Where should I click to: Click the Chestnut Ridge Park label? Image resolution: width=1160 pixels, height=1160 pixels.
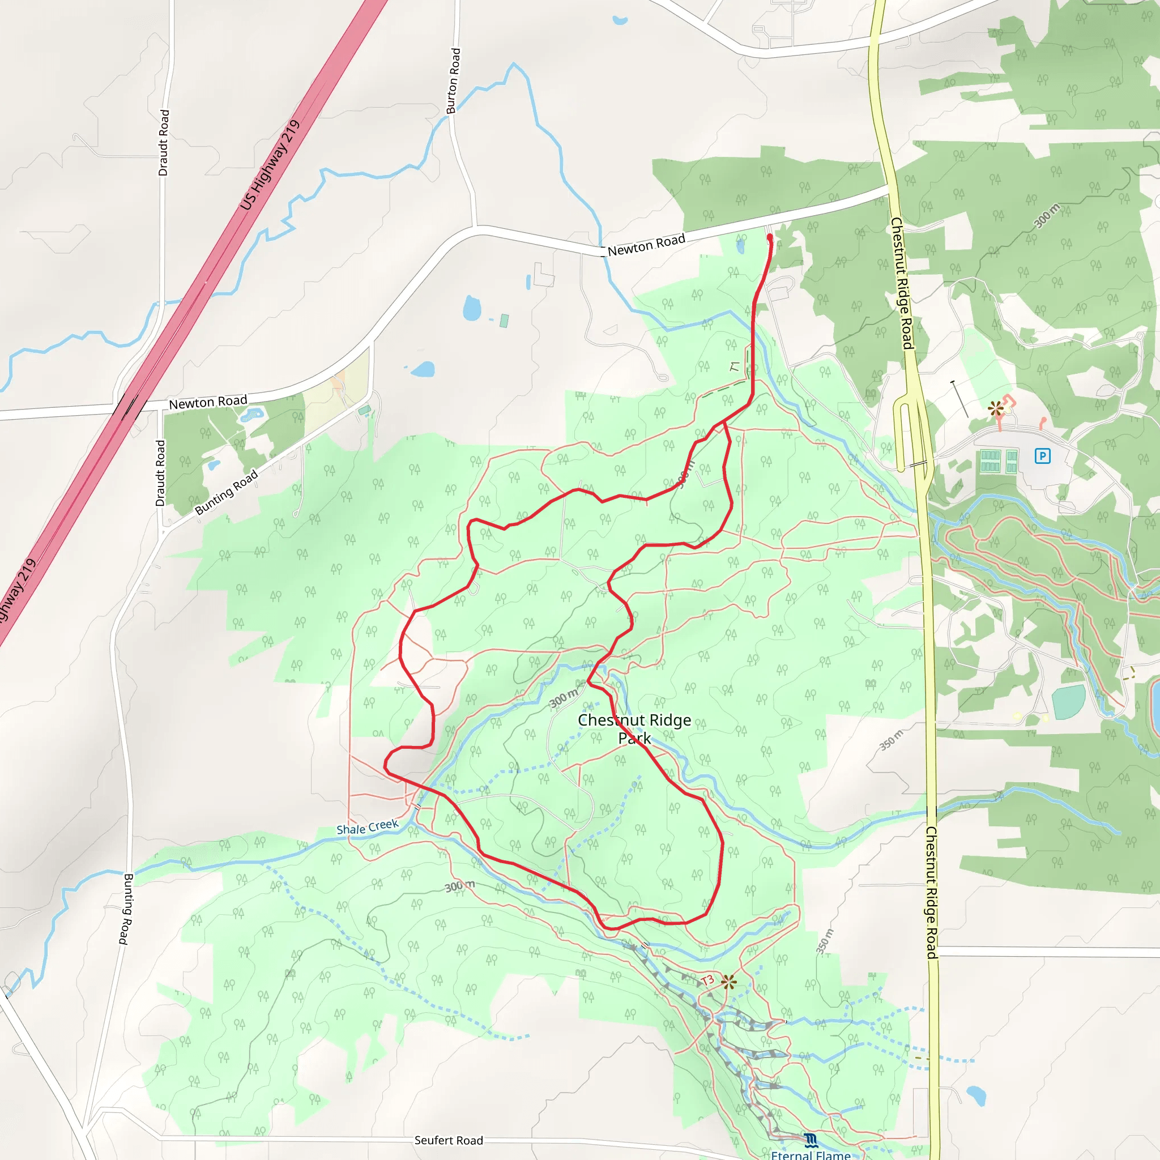(x=634, y=728)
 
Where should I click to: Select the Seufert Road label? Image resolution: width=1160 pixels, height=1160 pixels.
(x=449, y=1140)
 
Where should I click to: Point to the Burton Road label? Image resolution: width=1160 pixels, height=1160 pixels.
(x=453, y=81)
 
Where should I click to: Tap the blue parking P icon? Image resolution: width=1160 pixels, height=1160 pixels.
(x=1042, y=457)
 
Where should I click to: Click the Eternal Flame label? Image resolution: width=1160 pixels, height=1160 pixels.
(x=811, y=1154)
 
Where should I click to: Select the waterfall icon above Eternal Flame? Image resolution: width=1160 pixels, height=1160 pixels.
(x=811, y=1140)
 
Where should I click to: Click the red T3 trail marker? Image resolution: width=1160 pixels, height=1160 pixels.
(x=707, y=980)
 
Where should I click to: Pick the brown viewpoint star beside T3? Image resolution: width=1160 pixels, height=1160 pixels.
(x=729, y=982)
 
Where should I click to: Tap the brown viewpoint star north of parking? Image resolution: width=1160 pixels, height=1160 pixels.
(x=996, y=410)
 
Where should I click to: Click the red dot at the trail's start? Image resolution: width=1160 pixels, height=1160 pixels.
(x=770, y=238)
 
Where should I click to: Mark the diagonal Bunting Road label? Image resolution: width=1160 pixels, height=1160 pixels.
(x=227, y=492)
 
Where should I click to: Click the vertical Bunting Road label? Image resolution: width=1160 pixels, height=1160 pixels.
(x=127, y=909)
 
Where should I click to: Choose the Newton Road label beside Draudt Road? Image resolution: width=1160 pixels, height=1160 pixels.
(x=208, y=402)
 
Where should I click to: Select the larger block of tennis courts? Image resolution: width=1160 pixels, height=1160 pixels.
(x=990, y=461)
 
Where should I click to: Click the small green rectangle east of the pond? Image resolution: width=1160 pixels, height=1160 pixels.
(x=504, y=321)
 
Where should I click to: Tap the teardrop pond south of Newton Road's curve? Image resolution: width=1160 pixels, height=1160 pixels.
(x=472, y=308)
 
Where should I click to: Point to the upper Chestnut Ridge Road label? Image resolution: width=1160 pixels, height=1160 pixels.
(x=902, y=283)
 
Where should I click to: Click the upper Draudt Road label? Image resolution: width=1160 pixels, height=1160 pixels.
(x=164, y=143)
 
